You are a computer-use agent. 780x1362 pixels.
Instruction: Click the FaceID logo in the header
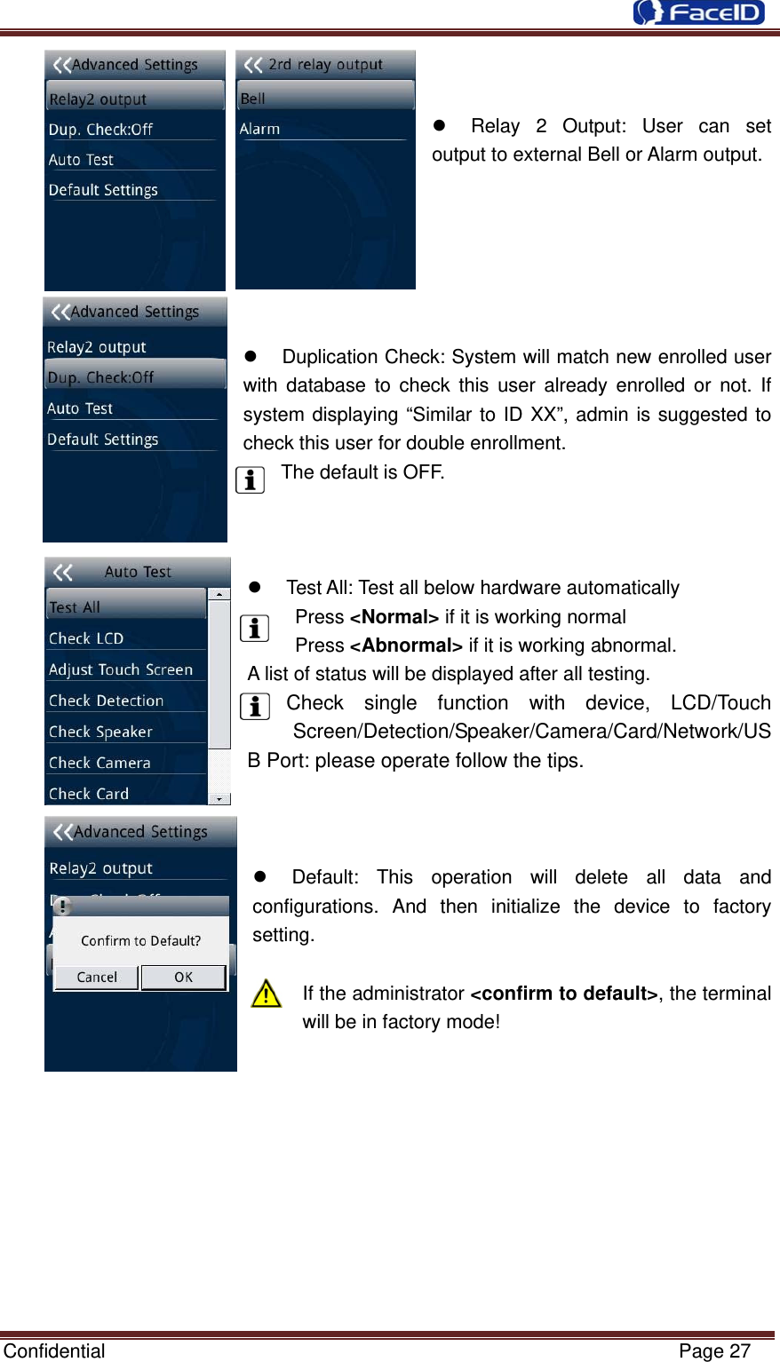(x=698, y=12)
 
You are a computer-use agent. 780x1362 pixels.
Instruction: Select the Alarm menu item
(x=260, y=129)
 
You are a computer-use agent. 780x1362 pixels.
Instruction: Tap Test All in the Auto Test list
(x=76, y=607)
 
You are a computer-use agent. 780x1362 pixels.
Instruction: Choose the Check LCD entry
(x=86, y=638)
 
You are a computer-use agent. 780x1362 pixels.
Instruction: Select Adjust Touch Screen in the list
(x=121, y=669)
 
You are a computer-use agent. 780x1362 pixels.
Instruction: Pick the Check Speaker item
(x=100, y=732)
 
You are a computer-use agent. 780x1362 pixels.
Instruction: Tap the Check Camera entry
(x=99, y=763)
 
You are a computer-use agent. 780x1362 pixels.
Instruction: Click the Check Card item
(x=89, y=794)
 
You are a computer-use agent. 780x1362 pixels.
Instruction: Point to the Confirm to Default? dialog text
(x=140, y=940)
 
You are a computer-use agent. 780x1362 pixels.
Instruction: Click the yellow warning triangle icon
(x=266, y=994)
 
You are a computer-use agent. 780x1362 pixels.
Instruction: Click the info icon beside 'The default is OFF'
(x=251, y=479)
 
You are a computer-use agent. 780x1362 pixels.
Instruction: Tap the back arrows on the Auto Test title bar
(x=63, y=573)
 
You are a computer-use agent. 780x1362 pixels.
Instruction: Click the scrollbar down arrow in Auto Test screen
(x=219, y=799)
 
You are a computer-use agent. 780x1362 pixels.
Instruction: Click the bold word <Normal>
(x=394, y=617)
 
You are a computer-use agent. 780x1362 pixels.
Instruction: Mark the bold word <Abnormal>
(x=406, y=645)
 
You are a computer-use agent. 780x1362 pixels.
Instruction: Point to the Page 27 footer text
(x=714, y=1350)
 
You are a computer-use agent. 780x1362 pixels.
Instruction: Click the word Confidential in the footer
(x=54, y=1350)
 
